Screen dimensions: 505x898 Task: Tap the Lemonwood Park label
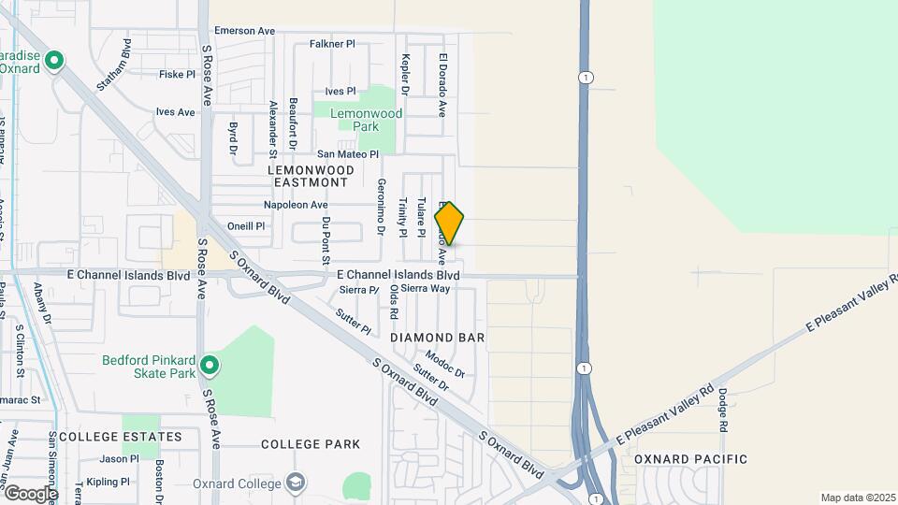point(357,120)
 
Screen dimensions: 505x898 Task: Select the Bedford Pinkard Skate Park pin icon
point(210,366)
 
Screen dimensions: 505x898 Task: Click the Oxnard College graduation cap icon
point(297,483)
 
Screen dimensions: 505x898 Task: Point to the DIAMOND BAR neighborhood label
point(437,337)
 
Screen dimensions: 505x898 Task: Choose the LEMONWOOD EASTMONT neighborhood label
point(311,176)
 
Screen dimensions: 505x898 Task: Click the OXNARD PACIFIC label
point(690,459)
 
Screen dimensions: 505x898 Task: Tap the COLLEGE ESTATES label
point(120,437)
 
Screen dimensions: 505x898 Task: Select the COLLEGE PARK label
point(297,444)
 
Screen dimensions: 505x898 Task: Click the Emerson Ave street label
point(245,31)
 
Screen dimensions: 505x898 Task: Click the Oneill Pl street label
point(247,226)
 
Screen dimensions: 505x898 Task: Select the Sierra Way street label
point(426,289)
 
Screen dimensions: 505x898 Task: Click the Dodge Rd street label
point(722,411)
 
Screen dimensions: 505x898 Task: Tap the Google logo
point(30,493)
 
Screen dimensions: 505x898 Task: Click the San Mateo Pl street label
point(347,154)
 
